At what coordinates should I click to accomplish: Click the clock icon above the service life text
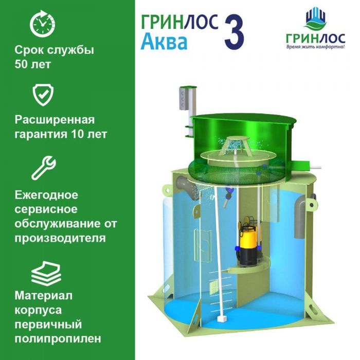[43, 24]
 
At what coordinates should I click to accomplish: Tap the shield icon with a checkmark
[43, 95]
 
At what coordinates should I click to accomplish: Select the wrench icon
[44, 168]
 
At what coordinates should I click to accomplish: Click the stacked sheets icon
[46, 273]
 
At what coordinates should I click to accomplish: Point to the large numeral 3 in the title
[233, 32]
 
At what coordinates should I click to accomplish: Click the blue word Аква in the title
[164, 42]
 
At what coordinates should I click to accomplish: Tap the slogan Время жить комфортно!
[315, 47]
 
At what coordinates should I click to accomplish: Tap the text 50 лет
[32, 64]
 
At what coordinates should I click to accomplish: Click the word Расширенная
[55, 120]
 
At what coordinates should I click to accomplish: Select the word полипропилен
[58, 338]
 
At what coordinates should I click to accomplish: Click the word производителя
[60, 238]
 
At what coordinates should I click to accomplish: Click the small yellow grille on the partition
[213, 287]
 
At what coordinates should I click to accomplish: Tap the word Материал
[44, 296]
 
